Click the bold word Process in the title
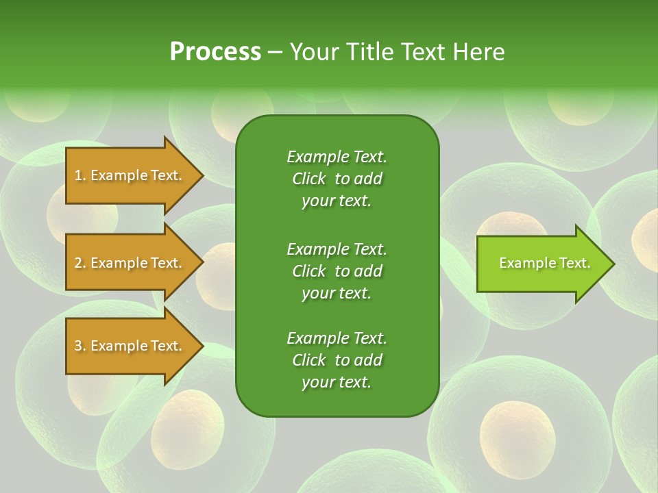coord(215,52)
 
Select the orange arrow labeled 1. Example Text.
coord(130,175)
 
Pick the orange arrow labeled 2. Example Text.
coord(130,263)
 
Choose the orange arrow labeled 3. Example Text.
coord(130,346)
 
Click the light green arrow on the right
coord(541,263)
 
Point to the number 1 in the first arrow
coord(78,175)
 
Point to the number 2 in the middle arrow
coord(78,263)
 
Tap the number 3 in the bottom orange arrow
coord(78,346)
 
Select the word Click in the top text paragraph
coord(308,179)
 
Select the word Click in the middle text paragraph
coord(308,271)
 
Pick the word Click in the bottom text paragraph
coord(308,360)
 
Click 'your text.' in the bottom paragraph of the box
coord(337,382)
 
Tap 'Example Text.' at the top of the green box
coord(337,157)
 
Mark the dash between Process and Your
coord(275,52)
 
